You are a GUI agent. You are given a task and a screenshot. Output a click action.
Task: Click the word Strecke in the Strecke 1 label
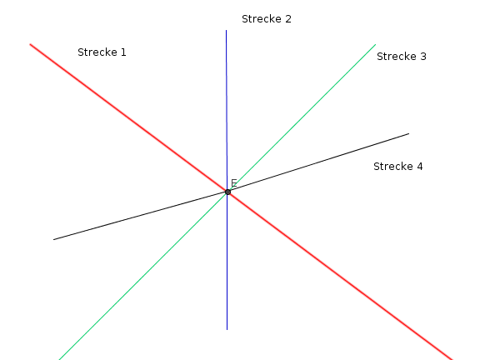pyautogui.click(x=97, y=52)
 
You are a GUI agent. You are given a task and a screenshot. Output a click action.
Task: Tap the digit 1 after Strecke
pyautogui.click(x=123, y=52)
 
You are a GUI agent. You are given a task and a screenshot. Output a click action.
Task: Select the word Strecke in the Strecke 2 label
pyautogui.click(x=262, y=18)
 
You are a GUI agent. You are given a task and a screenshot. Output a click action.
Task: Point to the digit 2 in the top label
pyautogui.click(x=288, y=19)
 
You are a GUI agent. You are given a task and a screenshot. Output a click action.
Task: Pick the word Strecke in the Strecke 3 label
pyautogui.click(x=397, y=57)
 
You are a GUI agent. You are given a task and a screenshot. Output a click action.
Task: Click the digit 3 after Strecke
pyautogui.click(x=423, y=57)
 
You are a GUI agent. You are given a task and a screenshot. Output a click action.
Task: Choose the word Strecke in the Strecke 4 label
pyautogui.click(x=393, y=166)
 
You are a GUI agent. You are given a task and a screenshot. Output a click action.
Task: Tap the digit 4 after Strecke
pyautogui.click(x=420, y=167)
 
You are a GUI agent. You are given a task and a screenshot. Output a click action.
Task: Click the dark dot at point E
pyautogui.click(x=227, y=192)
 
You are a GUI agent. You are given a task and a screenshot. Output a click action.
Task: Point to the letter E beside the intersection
pyautogui.click(x=234, y=183)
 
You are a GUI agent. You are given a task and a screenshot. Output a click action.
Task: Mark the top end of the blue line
pyautogui.click(x=226, y=30)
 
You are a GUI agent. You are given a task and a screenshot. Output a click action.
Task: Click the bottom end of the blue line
pyautogui.click(x=227, y=330)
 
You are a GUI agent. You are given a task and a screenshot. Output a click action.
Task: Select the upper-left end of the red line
pyautogui.click(x=30, y=44)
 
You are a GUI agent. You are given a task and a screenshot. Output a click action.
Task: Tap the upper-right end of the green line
pyautogui.click(x=376, y=44)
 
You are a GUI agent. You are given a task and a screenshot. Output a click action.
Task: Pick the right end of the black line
pyautogui.click(x=409, y=133)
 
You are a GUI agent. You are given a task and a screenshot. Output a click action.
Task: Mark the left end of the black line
pyautogui.click(x=53, y=239)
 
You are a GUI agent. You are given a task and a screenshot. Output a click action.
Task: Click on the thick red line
pyautogui.click(x=241, y=202)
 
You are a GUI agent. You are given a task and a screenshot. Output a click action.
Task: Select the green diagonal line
pyautogui.click(x=217, y=202)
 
